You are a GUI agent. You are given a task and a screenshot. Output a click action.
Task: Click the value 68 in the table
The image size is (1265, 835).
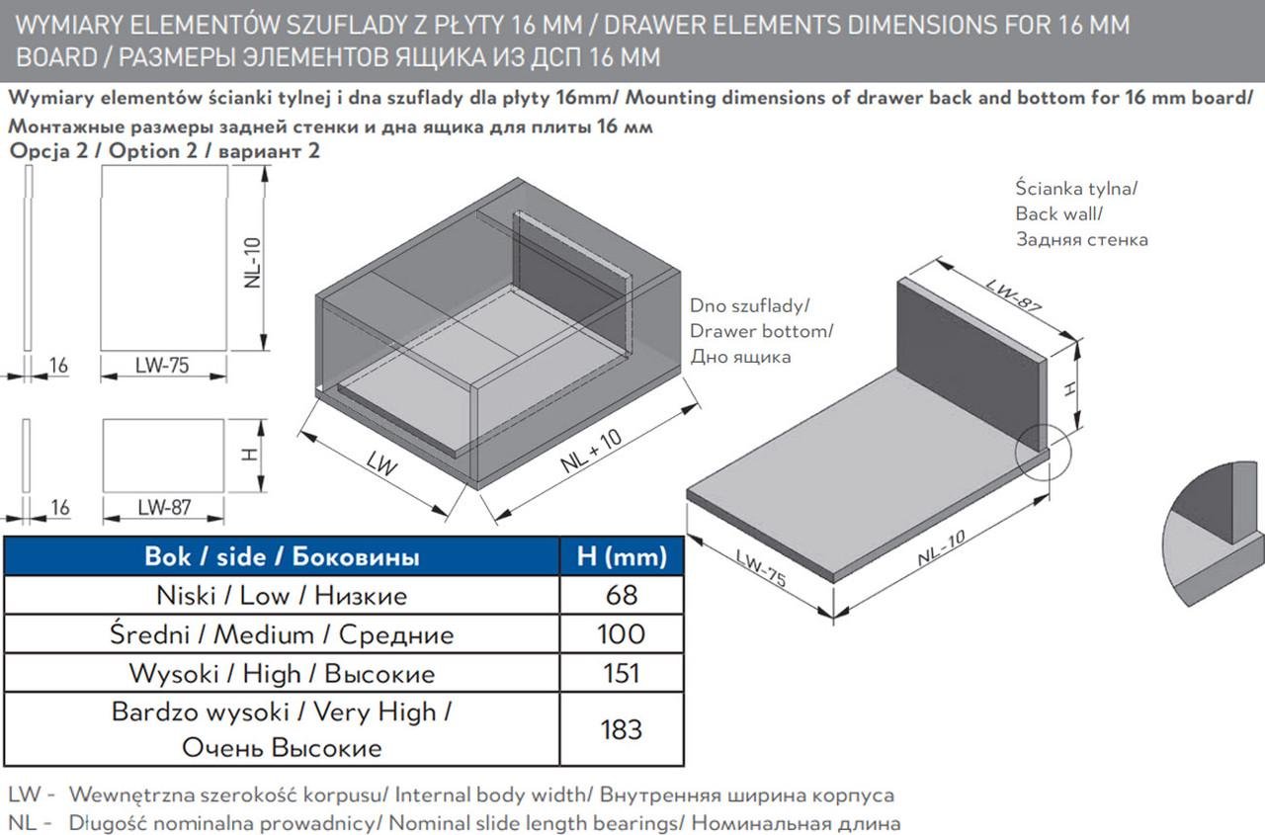[621, 596]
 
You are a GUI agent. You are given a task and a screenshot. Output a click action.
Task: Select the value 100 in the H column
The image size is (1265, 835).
[621, 634]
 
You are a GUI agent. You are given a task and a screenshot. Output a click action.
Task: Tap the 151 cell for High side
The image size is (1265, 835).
[621, 674]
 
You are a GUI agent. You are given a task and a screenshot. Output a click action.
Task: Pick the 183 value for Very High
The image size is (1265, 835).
[621, 730]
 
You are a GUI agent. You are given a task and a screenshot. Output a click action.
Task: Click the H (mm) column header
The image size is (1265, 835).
[621, 556]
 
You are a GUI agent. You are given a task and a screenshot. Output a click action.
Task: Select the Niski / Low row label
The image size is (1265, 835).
[282, 596]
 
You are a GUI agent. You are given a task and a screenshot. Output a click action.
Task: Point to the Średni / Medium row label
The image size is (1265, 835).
[282, 634]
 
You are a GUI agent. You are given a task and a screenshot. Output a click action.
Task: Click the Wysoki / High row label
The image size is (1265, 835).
[282, 674]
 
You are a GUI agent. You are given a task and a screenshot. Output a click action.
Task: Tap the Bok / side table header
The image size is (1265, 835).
[282, 556]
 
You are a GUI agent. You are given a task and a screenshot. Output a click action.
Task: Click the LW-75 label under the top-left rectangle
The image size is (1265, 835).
[163, 366]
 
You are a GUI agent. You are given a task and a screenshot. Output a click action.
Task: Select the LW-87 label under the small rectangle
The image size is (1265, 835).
[164, 508]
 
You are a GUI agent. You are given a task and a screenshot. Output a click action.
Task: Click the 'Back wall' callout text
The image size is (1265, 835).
[1058, 213]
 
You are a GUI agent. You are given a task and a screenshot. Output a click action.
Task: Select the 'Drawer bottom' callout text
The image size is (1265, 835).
[761, 331]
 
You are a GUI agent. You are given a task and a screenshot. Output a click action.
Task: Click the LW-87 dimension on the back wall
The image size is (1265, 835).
[1014, 293]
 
